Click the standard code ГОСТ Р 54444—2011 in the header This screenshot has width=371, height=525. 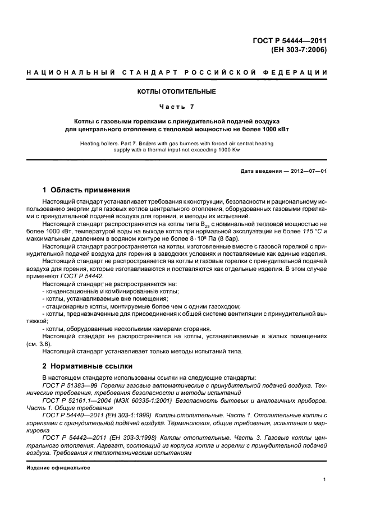[290, 40]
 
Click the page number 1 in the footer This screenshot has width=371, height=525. [325, 480]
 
